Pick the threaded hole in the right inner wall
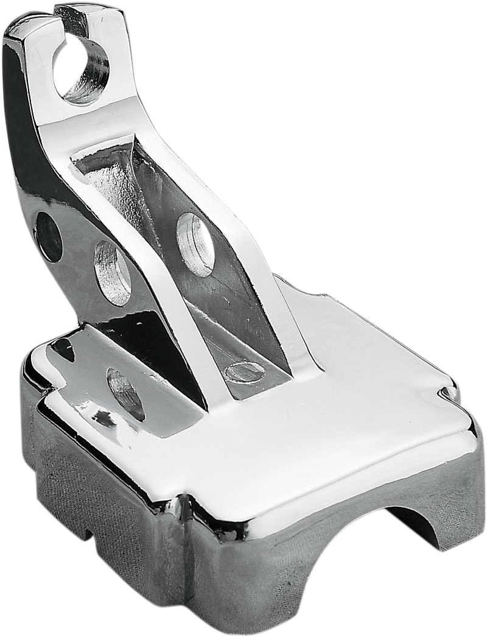point(196,241)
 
